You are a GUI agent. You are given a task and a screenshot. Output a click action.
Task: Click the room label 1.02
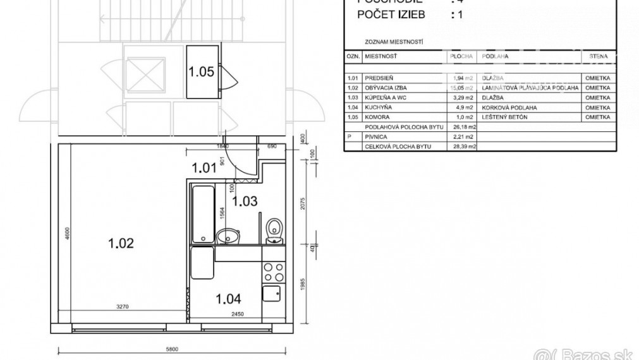[x=121, y=243]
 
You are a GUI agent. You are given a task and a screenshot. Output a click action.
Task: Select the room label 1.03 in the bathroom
[x=244, y=201]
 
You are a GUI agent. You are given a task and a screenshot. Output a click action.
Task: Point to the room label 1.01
[x=204, y=168]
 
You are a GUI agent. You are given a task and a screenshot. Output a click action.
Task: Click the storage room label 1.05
[x=201, y=71]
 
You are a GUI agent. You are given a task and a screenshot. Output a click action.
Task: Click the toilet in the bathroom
[x=273, y=230]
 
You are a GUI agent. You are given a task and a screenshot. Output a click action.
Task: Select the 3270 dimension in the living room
[x=123, y=308]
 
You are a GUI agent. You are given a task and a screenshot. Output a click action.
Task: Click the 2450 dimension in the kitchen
[x=236, y=314]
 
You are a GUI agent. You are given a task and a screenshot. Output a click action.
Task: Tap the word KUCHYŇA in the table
[x=377, y=108]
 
